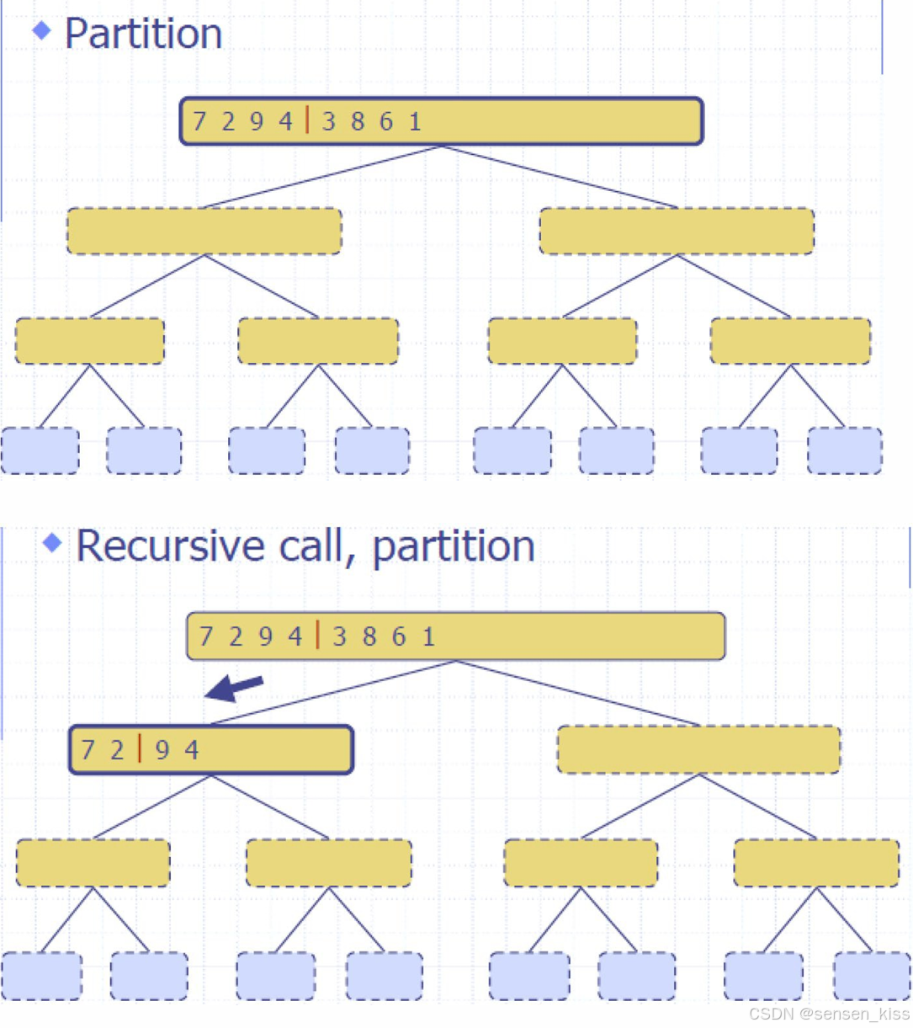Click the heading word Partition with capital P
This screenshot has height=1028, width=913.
(143, 35)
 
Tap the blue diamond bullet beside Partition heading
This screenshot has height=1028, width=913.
(41, 31)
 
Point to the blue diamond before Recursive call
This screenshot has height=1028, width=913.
(52, 543)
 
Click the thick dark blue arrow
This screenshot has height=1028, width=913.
(235, 688)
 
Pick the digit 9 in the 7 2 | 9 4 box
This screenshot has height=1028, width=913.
(162, 749)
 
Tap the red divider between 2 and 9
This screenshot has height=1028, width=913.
(140, 748)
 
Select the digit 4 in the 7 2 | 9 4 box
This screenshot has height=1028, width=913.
(192, 749)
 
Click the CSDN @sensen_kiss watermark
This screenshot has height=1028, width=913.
(829, 1014)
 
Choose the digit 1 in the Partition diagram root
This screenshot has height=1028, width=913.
(415, 122)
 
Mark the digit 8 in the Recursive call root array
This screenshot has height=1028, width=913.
(369, 637)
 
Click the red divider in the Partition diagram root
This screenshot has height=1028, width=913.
(307, 120)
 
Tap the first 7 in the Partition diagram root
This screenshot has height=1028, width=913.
(199, 122)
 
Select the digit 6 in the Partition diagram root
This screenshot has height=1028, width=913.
(386, 122)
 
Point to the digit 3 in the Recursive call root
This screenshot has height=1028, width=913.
(340, 637)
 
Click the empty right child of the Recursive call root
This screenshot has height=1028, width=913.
(698, 749)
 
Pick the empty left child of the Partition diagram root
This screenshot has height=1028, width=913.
(204, 232)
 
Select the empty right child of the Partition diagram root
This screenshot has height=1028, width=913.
(677, 232)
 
